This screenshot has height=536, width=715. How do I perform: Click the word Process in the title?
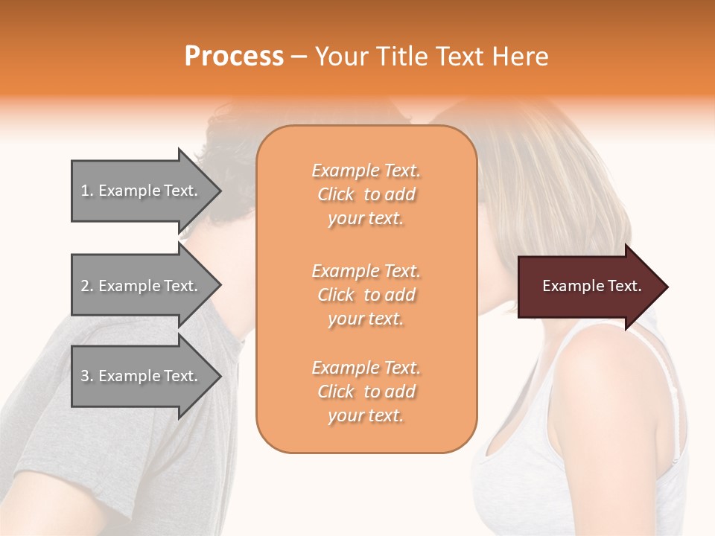pos(234,56)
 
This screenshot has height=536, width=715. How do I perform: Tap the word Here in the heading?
pos(519,56)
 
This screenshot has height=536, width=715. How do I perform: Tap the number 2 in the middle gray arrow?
pos(85,286)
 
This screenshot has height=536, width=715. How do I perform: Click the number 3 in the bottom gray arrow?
pos(85,376)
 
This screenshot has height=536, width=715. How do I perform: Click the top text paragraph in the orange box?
pos(366,194)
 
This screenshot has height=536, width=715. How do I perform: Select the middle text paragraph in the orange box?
pos(366,295)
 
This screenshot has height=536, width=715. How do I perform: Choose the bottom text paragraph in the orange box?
pos(366,392)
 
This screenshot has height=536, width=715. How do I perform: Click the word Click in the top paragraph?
pos(336,194)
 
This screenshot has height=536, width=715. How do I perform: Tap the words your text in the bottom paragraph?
pos(366,416)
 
